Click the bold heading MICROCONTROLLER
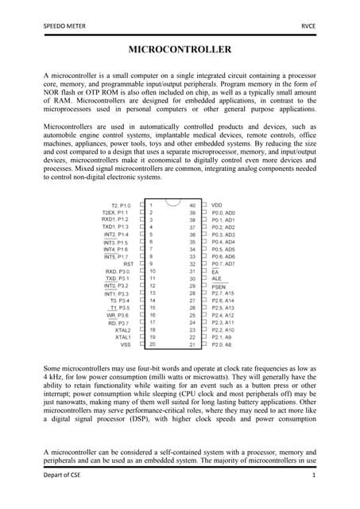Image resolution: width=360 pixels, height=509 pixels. pos(180,50)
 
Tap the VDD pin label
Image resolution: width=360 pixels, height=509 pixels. pos(217,205)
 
